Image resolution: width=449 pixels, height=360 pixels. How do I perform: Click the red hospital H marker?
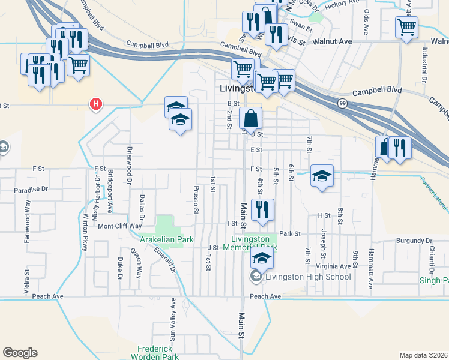coord(95,105)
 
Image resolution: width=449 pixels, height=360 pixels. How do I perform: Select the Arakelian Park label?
coord(167,239)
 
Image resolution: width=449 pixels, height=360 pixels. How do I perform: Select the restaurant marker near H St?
coord(262,209)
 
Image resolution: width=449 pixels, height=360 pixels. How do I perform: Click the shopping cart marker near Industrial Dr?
coord(406,27)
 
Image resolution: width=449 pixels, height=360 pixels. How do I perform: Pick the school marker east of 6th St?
coord(322,176)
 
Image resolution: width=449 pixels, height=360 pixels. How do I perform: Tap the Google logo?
coord(20,353)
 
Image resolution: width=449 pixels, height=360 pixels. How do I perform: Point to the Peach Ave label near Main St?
coord(265,296)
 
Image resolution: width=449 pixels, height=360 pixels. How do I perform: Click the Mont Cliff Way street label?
coord(120,226)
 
